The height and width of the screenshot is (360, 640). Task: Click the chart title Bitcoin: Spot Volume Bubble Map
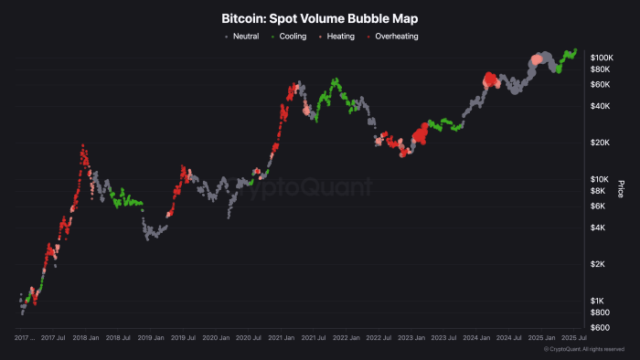click(319, 17)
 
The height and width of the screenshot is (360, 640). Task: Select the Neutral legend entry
click(246, 36)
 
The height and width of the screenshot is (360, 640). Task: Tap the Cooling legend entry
click(293, 36)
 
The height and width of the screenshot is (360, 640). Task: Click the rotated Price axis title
click(621, 189)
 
